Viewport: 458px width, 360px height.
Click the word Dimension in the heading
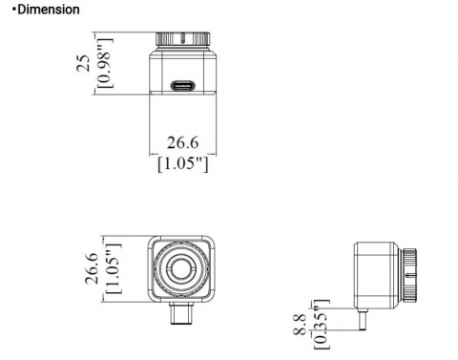click(46, 9)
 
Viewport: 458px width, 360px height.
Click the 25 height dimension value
click(85, 63)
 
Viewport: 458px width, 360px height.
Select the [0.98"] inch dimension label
click(104, 63)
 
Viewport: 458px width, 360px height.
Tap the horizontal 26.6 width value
click(181, 142)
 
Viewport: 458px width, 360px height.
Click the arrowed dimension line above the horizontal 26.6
click(181, 130)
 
